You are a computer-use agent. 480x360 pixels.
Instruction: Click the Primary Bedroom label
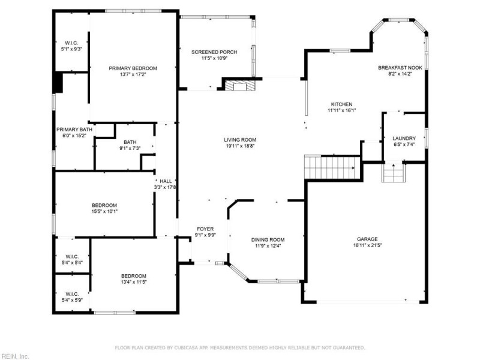(x=133, y=68)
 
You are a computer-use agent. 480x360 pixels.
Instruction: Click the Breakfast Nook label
(x=400, y=68)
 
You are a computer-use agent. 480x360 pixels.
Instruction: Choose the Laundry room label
(x=404, y=138)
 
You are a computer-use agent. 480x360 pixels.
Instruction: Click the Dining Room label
(x=267, y=239)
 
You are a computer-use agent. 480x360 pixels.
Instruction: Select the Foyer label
(x=205, y=229)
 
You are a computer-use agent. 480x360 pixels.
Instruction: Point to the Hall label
(x=166, y=181)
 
